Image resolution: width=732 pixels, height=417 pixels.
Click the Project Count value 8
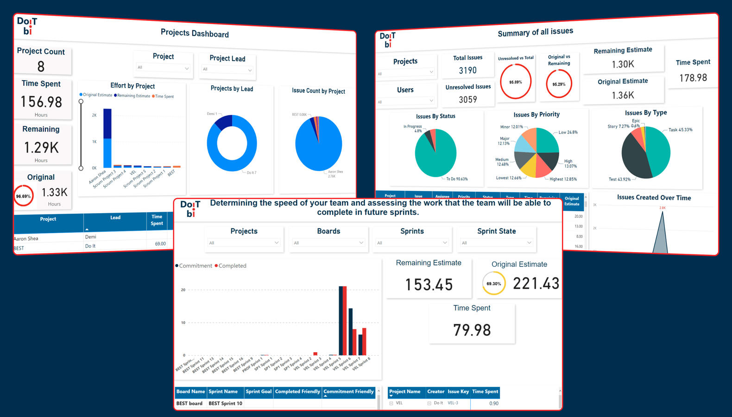click(x=41, y=67)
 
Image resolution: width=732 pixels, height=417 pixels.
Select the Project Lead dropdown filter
click(x=227, y=69)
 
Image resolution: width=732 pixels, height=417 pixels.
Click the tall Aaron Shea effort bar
click(x=107, y=138)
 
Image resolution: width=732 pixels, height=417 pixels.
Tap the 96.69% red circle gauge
click(x=23, y=196)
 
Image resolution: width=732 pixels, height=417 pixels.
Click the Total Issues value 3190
click(x=467, y=70)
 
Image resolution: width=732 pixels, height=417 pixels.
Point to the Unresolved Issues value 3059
click(x=467, y=99)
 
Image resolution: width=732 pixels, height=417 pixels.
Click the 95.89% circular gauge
click(x=515, y=82)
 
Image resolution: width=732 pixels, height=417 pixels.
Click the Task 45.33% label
click(x=680, y=130)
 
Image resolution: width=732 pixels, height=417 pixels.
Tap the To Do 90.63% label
click(x=457, y=179)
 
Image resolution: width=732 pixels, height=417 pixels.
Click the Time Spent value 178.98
click(x=693, y=78)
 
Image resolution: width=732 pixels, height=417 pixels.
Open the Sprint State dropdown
click(x=496, y=243)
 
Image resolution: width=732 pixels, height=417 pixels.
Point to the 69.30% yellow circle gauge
click(x=493, y=284)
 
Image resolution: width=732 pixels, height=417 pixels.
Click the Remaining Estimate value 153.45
click(x=429, y=284)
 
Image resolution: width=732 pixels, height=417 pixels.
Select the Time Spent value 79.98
click(x=472, y=330)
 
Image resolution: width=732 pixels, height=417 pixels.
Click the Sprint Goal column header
click(x=259, y=392)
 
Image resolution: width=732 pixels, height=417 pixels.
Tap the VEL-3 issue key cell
click(x=453, y=403)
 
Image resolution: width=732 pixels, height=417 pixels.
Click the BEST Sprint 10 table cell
click(x=225, y=404)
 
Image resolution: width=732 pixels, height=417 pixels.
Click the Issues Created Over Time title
click(x=654, y=198)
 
